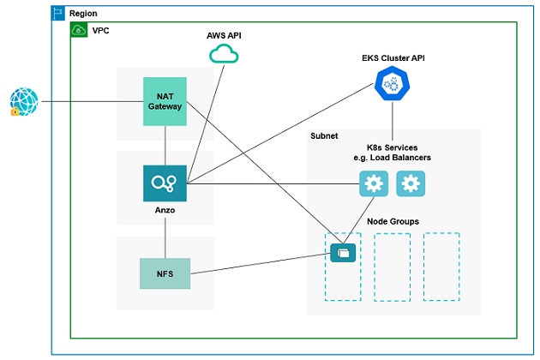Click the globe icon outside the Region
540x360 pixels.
tap(24, 102)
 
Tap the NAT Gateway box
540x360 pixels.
tap(165, 102)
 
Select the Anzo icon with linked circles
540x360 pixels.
tap(165, 183)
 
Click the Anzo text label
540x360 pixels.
tap(165, 210)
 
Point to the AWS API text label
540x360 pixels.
tap(225, 35)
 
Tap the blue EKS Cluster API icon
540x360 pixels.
tap(392, 84)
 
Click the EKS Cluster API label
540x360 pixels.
tap(393, 58)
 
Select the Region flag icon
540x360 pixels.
tap(58, 14)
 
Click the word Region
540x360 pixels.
tap(82, 15)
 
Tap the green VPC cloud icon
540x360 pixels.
tap(78, 30)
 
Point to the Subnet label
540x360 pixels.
tap(324, 136)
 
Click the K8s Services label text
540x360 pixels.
tap(393, 153)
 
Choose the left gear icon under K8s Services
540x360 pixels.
tap(373, 183)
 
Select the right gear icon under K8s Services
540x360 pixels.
tap(411, 183)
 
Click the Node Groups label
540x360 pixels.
tap(393, 221)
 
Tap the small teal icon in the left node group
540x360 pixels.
tap(343, 252)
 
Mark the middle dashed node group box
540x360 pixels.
tap(392, 267)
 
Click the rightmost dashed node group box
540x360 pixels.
tap(441, 267)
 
